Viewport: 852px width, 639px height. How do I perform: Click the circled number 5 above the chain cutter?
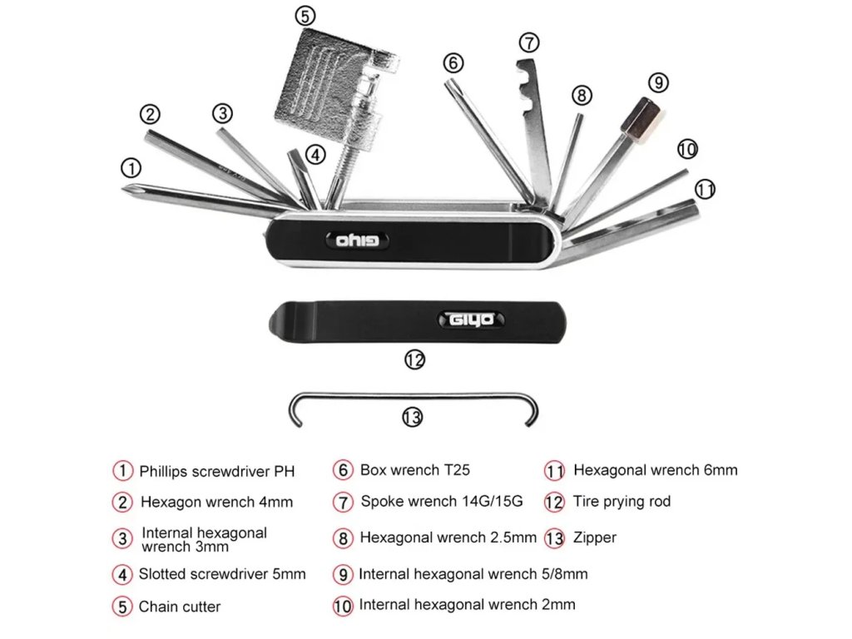click(x=305, y=15)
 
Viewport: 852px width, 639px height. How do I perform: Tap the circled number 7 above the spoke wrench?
click(x=529, y=42)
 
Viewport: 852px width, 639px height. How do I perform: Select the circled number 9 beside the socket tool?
click(x=658, y=82)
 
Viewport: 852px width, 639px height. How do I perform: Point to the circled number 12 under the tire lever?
click(x=414, y=359)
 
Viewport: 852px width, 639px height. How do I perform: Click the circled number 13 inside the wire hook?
click(x=412, y=417)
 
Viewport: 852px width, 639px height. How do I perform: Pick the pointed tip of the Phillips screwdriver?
click(x=126, y=191)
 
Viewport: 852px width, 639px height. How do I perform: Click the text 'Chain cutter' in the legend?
click(x=180, y=607)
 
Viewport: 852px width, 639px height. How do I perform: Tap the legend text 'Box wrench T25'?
click(x=414, y=470)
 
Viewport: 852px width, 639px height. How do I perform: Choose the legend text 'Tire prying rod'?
click(x=622, y=502)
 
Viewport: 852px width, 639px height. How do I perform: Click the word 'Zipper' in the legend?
click(x=595, y=537)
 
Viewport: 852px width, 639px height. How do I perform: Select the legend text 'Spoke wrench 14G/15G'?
click(x=441, y=502)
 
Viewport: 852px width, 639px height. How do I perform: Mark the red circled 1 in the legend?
click(x=123, y=470)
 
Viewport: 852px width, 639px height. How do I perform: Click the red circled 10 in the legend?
click(x=343, y=606)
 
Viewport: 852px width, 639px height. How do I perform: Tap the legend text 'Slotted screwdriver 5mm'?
click(x=222, y=574)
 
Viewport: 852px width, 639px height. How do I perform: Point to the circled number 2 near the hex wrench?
click(x=150, y=114)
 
